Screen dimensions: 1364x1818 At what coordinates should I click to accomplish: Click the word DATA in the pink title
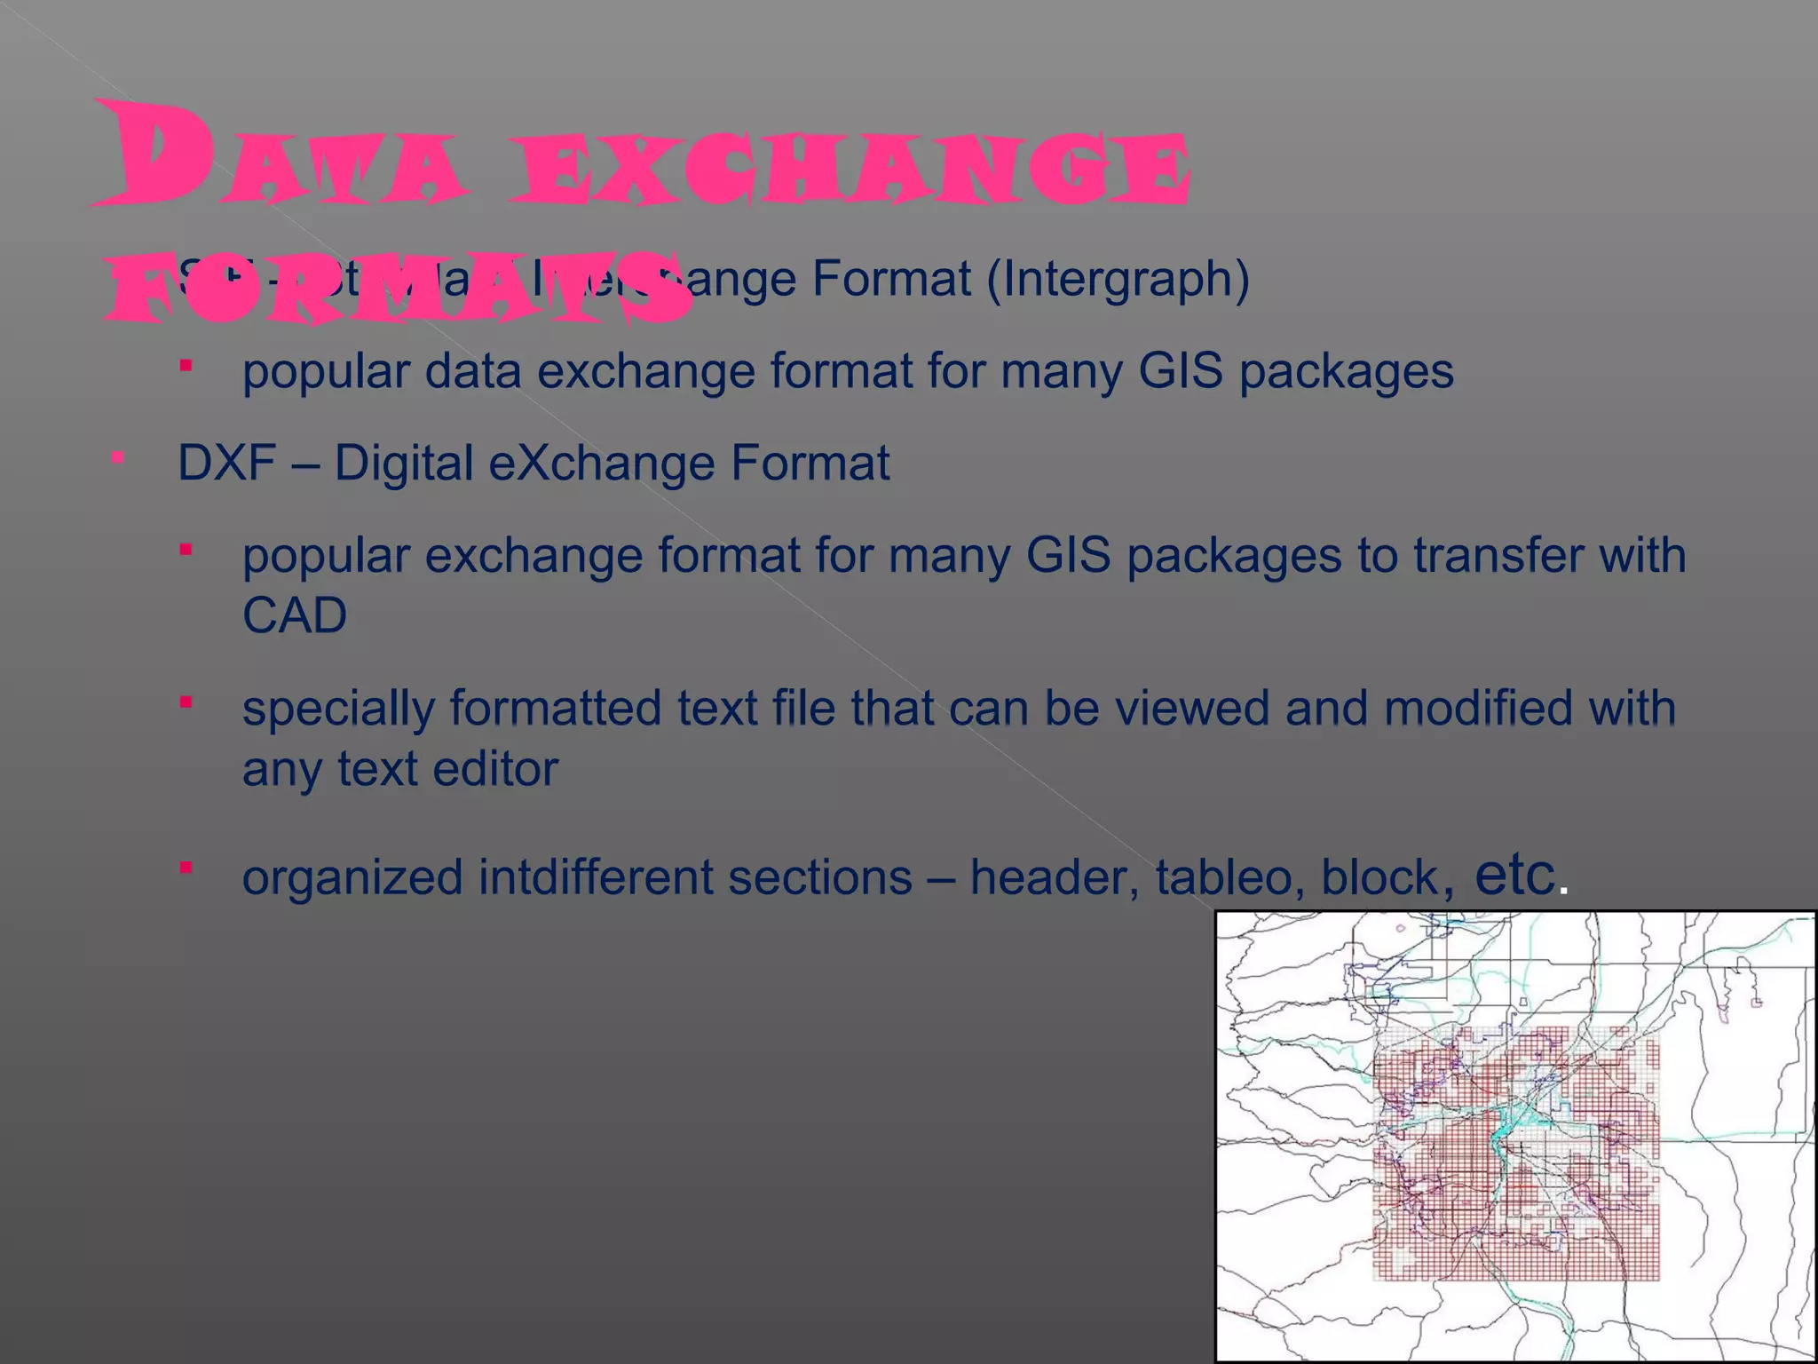click(280, 155)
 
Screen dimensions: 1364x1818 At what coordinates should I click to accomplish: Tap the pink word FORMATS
click(399, 286)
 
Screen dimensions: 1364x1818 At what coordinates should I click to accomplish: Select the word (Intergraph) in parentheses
click(1118, 280)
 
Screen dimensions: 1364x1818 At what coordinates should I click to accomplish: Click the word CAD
click(294, 615)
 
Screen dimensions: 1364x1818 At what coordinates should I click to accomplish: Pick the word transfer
click(1498, 556)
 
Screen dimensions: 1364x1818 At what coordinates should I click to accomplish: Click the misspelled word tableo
click(1229, 877)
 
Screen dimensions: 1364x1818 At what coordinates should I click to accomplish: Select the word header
click(1054, 877)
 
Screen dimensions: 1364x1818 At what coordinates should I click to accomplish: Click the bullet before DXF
click(117, 458)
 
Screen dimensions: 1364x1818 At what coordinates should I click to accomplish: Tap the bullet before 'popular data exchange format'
click(186, 365)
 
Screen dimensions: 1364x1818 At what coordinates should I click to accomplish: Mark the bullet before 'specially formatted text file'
click(186, 703)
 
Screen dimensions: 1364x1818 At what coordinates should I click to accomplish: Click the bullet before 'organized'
click(186, 868)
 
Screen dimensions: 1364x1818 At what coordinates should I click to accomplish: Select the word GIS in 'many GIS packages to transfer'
click(1068, 556)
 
